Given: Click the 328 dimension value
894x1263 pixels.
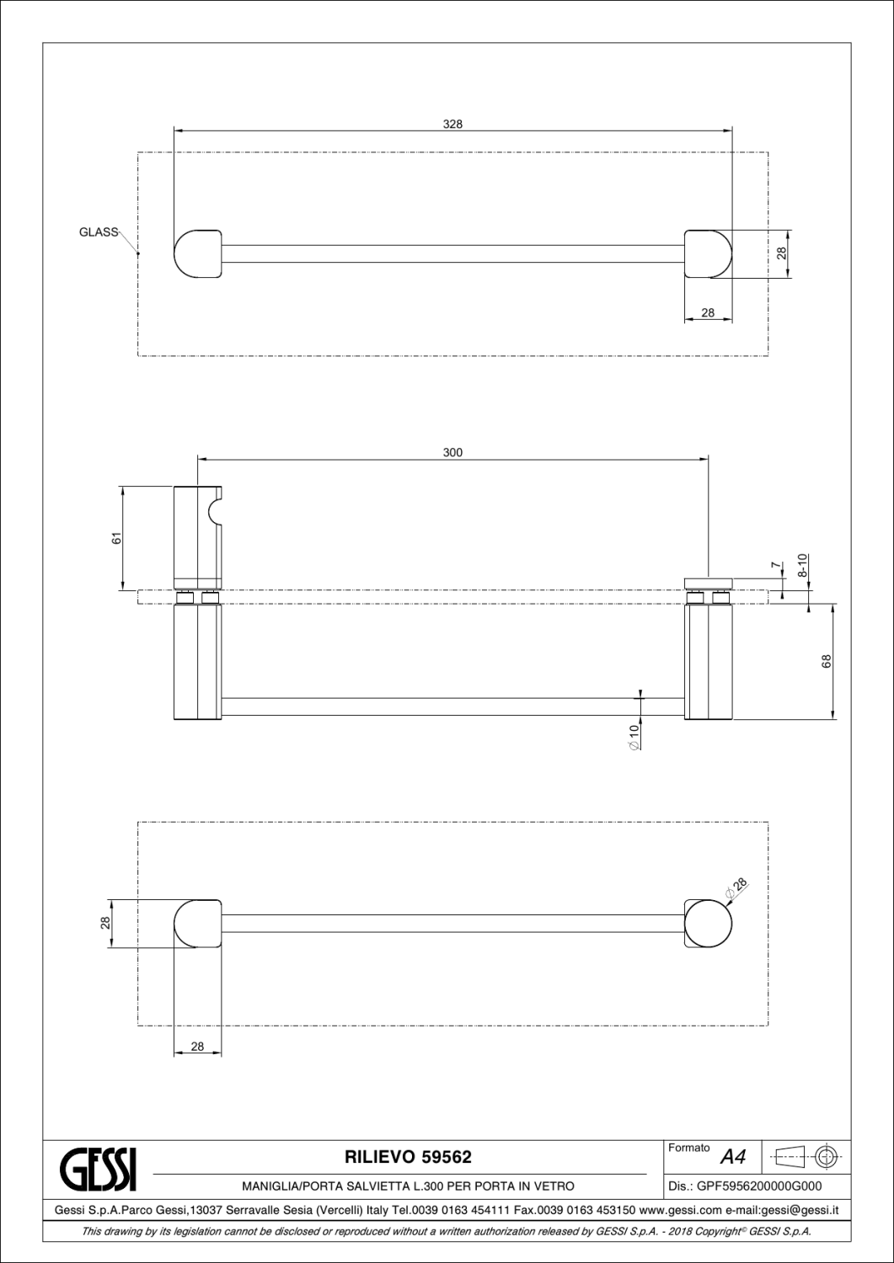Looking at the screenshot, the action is [452, 124].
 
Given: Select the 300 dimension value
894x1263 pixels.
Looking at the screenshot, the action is [452, 452].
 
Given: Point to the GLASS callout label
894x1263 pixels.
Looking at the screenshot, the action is [99, 232].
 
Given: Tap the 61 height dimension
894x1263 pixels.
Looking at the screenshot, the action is [117, 538].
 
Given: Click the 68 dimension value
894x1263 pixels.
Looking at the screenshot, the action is [827, 661].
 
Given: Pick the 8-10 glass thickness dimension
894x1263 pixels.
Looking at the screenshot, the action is [802, 565].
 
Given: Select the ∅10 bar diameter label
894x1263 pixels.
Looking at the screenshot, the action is [634, 738].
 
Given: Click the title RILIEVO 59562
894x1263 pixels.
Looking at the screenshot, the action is [408, 1157].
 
